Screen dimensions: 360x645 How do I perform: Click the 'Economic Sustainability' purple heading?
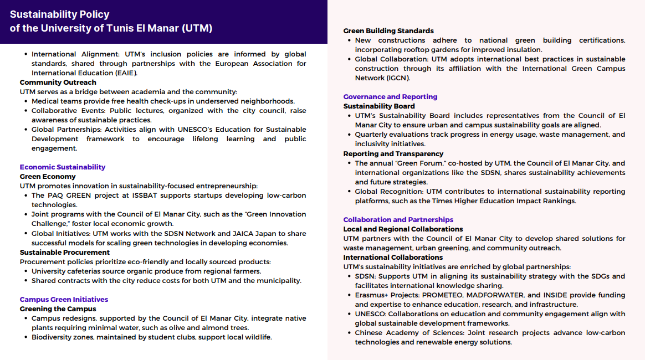63,167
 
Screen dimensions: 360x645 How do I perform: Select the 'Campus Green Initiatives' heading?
64,299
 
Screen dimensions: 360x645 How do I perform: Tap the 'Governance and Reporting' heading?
390,96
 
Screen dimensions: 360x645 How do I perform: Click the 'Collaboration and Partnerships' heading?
398,219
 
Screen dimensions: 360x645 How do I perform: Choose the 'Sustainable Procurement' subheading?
65,252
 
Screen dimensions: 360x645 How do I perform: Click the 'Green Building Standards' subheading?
388,31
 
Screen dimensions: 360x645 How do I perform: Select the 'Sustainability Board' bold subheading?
379,106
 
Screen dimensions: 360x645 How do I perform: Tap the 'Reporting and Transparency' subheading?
393,153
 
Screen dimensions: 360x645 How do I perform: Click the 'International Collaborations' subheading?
393,257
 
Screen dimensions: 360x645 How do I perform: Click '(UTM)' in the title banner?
197,28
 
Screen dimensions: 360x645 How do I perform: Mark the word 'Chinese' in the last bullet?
370,333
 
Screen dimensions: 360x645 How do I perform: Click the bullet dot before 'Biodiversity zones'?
26,337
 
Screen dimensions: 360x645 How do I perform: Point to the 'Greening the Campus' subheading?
58,308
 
